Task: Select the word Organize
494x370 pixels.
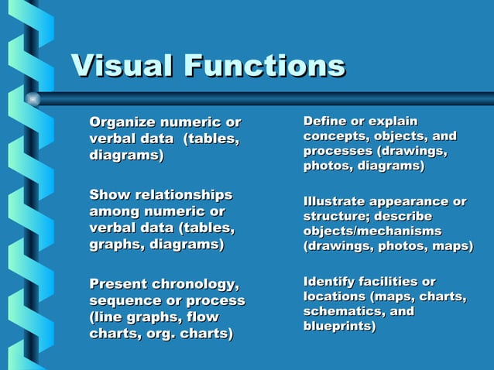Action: tap(122, 122)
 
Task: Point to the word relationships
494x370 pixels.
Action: tap(183, 194)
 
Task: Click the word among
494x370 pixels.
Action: tap(115, 211)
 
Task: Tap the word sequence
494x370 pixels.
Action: tap(126, 300)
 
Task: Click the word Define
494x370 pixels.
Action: tap(324, 122)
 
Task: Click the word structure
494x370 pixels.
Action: tap(334, 217)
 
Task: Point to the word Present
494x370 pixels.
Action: tap(120, 283)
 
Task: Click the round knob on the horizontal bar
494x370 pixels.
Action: tap(32, 99)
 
